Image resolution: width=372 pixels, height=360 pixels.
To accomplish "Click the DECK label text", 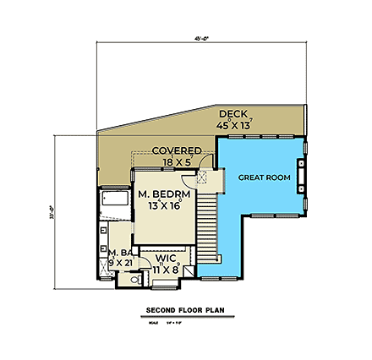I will pos(232,114).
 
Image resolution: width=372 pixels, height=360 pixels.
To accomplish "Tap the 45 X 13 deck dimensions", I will pos(234,125).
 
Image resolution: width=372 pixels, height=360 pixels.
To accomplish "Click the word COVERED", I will pos(176,150).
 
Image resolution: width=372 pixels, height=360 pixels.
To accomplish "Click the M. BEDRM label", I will pos(164,194).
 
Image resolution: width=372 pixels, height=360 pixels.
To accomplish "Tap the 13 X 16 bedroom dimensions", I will pos(165,205).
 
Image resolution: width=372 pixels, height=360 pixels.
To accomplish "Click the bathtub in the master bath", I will pos(112,200).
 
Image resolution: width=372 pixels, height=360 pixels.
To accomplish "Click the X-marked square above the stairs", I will pos(201,177).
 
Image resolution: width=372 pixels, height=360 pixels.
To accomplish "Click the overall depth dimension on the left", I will pos(53,210).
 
